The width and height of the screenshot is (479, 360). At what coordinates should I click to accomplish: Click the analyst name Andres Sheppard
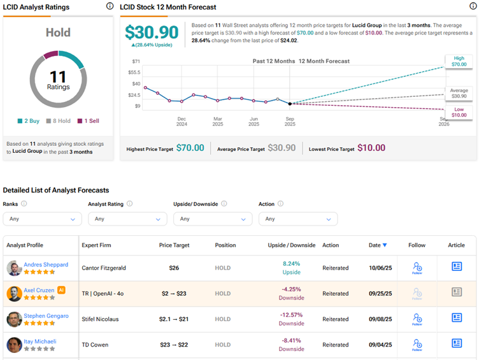[x=46, y=264]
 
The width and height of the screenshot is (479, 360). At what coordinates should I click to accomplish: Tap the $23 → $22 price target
[x=174, y=345]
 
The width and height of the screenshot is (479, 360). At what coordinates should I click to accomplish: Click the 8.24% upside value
[x=292, y=263]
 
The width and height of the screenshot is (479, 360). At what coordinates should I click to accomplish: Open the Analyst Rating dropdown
[x=127, y=219]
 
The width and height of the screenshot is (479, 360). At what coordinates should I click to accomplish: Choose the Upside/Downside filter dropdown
[x=212, y=219]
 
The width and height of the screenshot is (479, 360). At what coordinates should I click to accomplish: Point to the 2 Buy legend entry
[x=27, y=120]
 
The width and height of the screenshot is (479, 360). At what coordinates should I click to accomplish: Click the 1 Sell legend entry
[x=88, y=120]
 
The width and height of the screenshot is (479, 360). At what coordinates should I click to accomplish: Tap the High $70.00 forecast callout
[x=459, y=61]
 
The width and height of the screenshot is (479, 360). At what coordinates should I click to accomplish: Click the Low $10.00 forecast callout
[x=459, y=112]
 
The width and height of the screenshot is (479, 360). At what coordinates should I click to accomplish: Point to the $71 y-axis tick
[x=136, y=62]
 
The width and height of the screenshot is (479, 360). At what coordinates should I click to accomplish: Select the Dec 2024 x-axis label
[x=182, y=121]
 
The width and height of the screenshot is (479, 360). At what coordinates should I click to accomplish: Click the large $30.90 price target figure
[x=152, y=32]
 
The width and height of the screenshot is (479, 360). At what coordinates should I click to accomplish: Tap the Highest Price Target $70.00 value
[x=190, y=148]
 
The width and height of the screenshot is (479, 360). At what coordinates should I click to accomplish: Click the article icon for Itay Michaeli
[x=456, y=343]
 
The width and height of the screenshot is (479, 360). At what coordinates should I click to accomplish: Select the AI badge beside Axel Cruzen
[x=62, y=289]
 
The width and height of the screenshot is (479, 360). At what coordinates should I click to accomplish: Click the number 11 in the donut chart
[x=57, y=76]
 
